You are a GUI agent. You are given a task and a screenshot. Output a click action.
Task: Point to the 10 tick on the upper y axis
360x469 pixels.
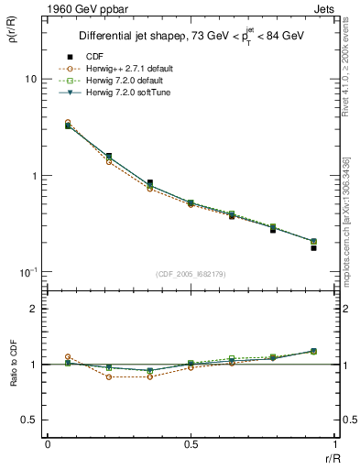pyautogui.click(x=30, y=80)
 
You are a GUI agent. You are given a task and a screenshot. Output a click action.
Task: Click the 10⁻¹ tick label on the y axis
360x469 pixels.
pyautogui.click(x=28, y=272)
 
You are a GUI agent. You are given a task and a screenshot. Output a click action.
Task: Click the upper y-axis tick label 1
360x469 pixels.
pyautogui.click(x=34, y=176)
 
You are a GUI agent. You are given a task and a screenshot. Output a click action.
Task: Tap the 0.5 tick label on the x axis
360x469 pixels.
pyautogui.click(x=191, y=444)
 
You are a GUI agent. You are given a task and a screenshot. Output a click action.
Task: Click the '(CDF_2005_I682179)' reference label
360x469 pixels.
pyautogui.click(x=191, y=275)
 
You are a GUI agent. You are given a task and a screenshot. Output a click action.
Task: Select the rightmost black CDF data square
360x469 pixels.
pyautogui.click(x=313, y=248)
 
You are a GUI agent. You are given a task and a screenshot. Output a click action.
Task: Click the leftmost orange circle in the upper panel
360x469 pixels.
pyautogui.click(x=68, y=122)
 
